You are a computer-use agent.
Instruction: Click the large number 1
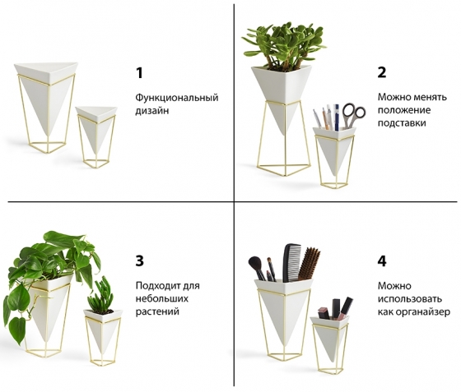coord(140,73)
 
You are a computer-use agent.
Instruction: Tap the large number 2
coord(382,72)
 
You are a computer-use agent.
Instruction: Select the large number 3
coord(140,261)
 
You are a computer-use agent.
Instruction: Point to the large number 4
coord(382,261)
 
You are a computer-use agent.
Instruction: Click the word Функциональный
coord(177,98)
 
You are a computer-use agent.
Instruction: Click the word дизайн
coord(152,111)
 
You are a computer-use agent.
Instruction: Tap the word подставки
coord(402,122)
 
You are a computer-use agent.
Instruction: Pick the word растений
coord(157,311)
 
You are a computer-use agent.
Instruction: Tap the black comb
coord(292,262)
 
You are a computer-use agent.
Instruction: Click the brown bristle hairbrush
coord(309,264)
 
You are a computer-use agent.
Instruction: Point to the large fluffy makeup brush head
coord(254,263)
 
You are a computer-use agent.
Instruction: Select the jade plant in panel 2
coord(284,46)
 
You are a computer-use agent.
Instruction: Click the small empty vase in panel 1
coord(96,136)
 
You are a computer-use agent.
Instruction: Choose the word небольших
coord(162,298)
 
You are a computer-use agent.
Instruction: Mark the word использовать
coord(410,299)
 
